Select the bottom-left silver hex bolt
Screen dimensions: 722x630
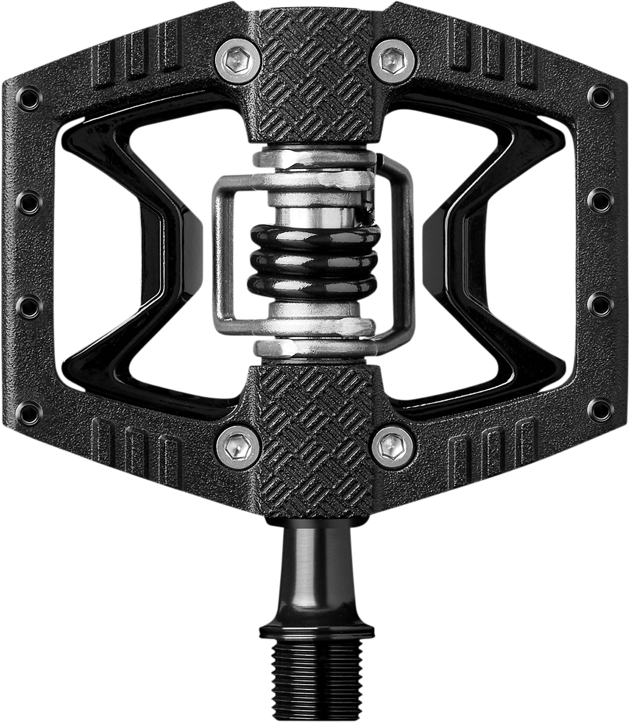coord(237,446)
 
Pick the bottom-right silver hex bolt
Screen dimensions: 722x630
coord(393,448)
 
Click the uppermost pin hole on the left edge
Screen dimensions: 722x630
coord(29,97)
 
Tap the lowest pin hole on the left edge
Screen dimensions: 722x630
coord(29,412)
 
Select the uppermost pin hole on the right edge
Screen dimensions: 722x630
coord(600,96)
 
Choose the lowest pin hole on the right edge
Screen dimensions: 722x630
coord(600,410)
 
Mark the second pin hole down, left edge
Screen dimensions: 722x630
coord(29,203)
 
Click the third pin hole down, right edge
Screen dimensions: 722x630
coord(600,304)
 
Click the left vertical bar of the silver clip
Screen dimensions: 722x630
coord(218,253)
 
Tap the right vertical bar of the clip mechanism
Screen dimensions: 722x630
coord(407,253)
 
